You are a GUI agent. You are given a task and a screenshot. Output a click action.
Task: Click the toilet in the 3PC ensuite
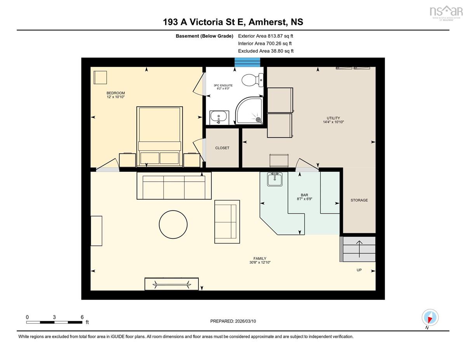tap(252, 80)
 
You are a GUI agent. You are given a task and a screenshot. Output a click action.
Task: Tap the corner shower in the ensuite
tap(249, 111)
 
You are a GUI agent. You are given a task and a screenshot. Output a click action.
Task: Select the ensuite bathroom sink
tap(219, 118)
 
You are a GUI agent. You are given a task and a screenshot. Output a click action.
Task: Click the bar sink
tap(275, 179)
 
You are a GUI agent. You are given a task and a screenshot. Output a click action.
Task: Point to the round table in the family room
tap(173, 224)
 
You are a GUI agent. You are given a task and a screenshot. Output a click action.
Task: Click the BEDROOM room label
tap(116, 93)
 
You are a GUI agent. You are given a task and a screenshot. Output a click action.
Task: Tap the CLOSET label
tap(222, 148)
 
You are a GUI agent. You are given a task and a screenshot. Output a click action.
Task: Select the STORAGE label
tap(359, 200)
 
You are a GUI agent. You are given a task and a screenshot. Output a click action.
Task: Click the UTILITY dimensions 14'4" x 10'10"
tap(333, 122)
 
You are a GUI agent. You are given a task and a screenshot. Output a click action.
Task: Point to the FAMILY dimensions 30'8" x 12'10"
tap(260, 262)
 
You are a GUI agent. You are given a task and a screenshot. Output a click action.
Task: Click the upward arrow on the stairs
tap(360, 249)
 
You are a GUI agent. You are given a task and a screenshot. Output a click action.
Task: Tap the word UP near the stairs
tap(359, 270)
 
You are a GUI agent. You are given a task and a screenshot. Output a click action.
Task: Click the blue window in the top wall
tap(247, 62)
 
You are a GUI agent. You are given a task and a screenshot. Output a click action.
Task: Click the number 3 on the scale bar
tap(54, 317)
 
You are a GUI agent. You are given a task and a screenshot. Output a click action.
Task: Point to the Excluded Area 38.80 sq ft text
tap(266, 51)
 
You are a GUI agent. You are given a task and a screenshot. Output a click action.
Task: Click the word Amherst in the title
tap(268, 22)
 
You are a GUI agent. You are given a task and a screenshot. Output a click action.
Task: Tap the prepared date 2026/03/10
tap(245, 321)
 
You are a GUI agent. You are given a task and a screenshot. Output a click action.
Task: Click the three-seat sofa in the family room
tap(174, 186)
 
